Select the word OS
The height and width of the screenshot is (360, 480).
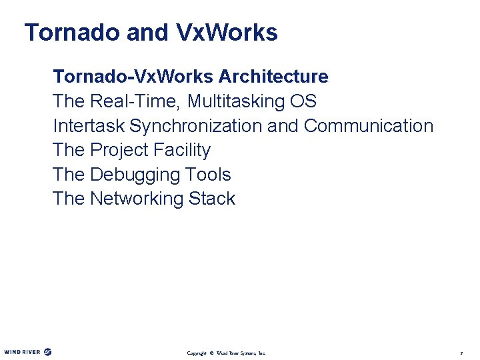303,101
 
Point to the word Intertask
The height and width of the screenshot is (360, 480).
89,125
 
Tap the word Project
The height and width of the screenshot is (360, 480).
118,150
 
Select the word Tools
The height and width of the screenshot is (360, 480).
209,175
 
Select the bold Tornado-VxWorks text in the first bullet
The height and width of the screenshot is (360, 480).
132,77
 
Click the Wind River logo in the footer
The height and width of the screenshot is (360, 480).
27,351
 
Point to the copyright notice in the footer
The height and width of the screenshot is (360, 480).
226,352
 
